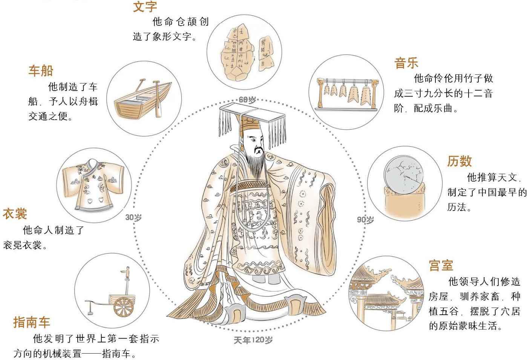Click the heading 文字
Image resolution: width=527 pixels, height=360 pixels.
tap(145, 6)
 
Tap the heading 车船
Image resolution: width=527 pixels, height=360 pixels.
tap(41, 71)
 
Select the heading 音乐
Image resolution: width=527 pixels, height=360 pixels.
tap(406, 63)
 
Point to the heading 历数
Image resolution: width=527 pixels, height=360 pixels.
tap(460, 161)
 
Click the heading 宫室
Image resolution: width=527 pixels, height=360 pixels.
tap(441, 265)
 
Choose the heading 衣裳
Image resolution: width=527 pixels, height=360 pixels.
tap(15, 214)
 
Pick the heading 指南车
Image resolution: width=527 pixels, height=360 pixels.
tap(32, 322)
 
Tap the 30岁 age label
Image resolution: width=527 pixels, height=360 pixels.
tap(133, 217)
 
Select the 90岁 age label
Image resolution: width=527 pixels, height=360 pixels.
tap(365, 220)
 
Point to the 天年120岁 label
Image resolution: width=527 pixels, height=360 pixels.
tap(253, 340)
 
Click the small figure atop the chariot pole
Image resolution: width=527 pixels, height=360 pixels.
tap(128, 272)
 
